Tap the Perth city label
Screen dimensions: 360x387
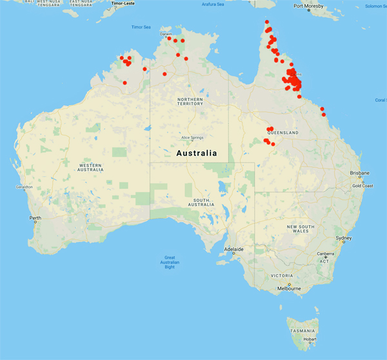tap(35, 218)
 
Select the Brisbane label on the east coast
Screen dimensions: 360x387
tap(359, 173)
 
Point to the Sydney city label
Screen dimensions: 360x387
tap(344, 238)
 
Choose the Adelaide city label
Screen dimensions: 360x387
tap(233, 249)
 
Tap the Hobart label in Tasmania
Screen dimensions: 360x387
tap(310, 339)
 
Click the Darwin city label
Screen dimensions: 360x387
tap(166, 34)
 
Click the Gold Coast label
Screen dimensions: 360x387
tap(363, 186)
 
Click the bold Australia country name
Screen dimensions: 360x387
tap(197, 154)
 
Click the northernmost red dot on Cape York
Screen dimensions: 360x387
tap(267, 22)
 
